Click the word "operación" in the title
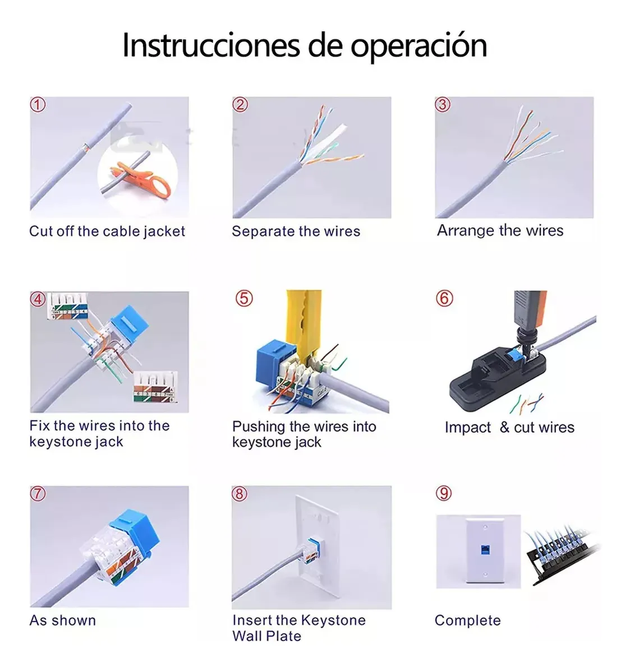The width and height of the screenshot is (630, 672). tap(419, 46)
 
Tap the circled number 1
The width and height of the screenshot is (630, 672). tap(38, 105)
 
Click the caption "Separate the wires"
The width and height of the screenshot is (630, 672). tap(296, 231)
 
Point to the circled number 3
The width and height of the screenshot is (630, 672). tap(443, 105)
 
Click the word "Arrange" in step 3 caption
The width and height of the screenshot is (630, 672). tap(465, 230)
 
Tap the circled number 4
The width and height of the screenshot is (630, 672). tap(38, 299)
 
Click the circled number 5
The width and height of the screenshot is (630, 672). tap(244, 298)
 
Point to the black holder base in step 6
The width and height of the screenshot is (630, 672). tap(498, 377)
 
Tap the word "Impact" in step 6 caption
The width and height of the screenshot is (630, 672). tap(467, 427)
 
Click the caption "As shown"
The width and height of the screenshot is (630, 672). tap(63, 620)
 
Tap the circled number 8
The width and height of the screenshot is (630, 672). tap(240, 494)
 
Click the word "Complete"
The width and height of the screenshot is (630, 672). tap(467, 620)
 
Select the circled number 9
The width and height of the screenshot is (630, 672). tap(444, 493)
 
